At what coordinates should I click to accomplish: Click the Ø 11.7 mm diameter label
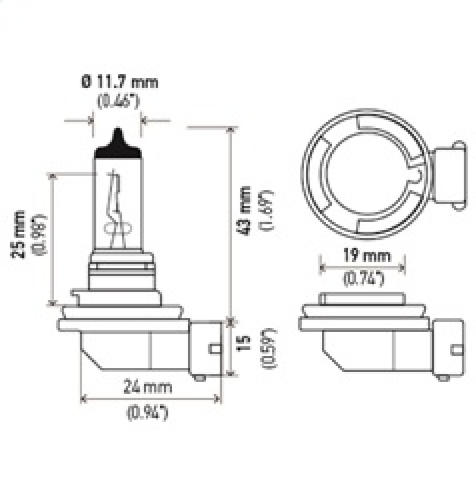click(x=119, y=82)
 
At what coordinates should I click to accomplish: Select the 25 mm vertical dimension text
click(x=20, y=233)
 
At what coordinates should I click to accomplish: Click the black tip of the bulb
click(x=118, y=143)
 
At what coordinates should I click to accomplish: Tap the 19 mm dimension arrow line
click(x=363, y=267)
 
